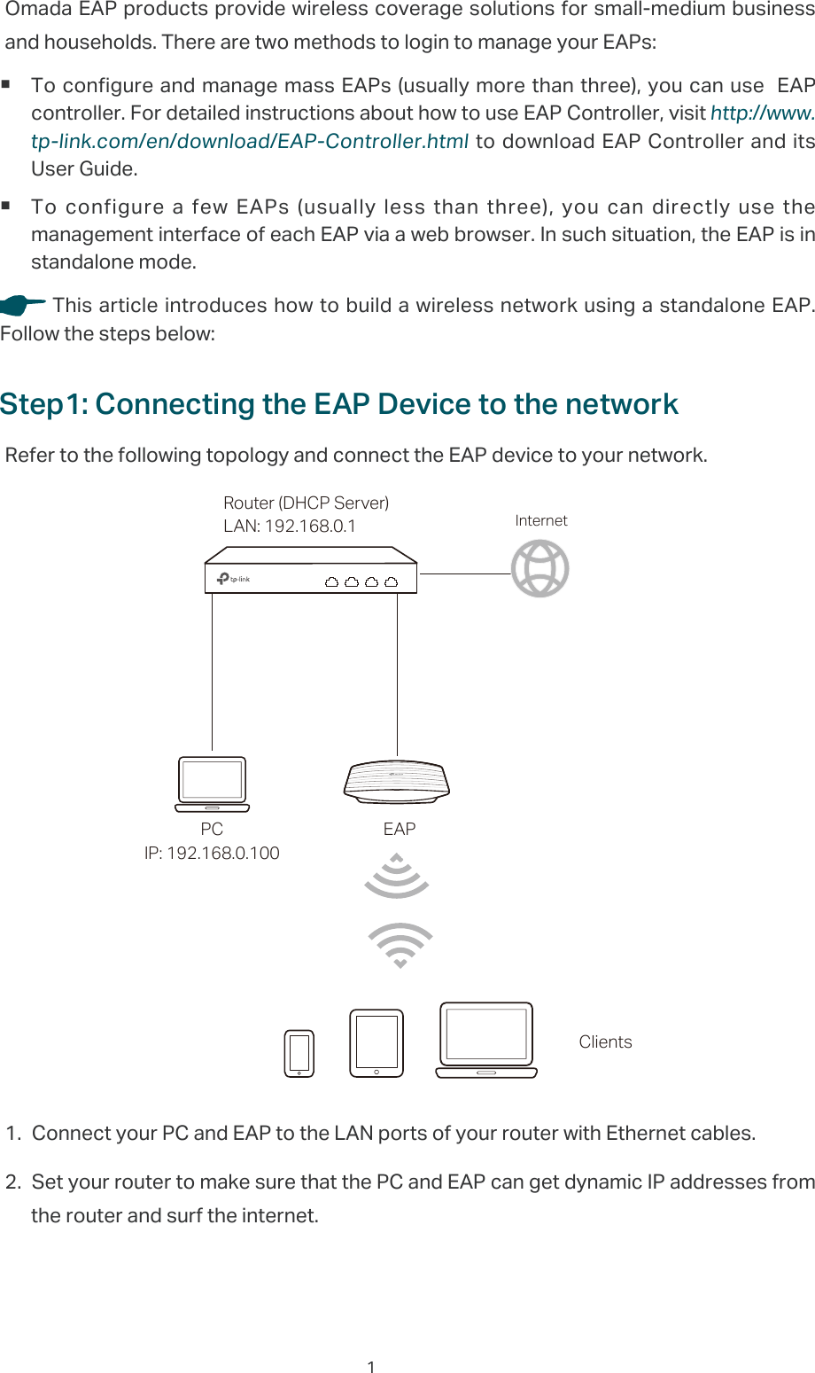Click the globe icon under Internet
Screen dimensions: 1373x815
click(x=539, y=569)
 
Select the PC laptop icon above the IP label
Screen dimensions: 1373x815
click(x=212, y=784)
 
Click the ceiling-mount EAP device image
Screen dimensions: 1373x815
click(x=397, y=782)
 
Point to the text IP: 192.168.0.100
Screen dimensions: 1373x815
click(x=212, y=853)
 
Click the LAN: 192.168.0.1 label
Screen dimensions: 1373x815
click(x=290, y=526)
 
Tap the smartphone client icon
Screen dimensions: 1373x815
click(x=299, y=1053)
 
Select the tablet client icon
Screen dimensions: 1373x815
click(x=376, y=1043)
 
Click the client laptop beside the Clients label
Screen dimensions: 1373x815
click(x=486, y=1040)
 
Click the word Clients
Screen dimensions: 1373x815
click(x=605, y=1042)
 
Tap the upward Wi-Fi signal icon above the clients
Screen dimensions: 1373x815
click(x=400, y=945)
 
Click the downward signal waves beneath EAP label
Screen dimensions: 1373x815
click(x=397, y=876)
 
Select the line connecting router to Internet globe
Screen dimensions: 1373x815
click(x=464, y=573)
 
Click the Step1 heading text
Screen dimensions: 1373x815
click(x=339, y=404)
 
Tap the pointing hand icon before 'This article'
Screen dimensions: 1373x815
click(x=22, y=306)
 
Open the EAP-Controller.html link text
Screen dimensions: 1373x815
click(x=250, y=142)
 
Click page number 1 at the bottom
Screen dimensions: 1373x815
click(x=371, y=1367)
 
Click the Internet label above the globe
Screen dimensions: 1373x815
click(x=541, y=520)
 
